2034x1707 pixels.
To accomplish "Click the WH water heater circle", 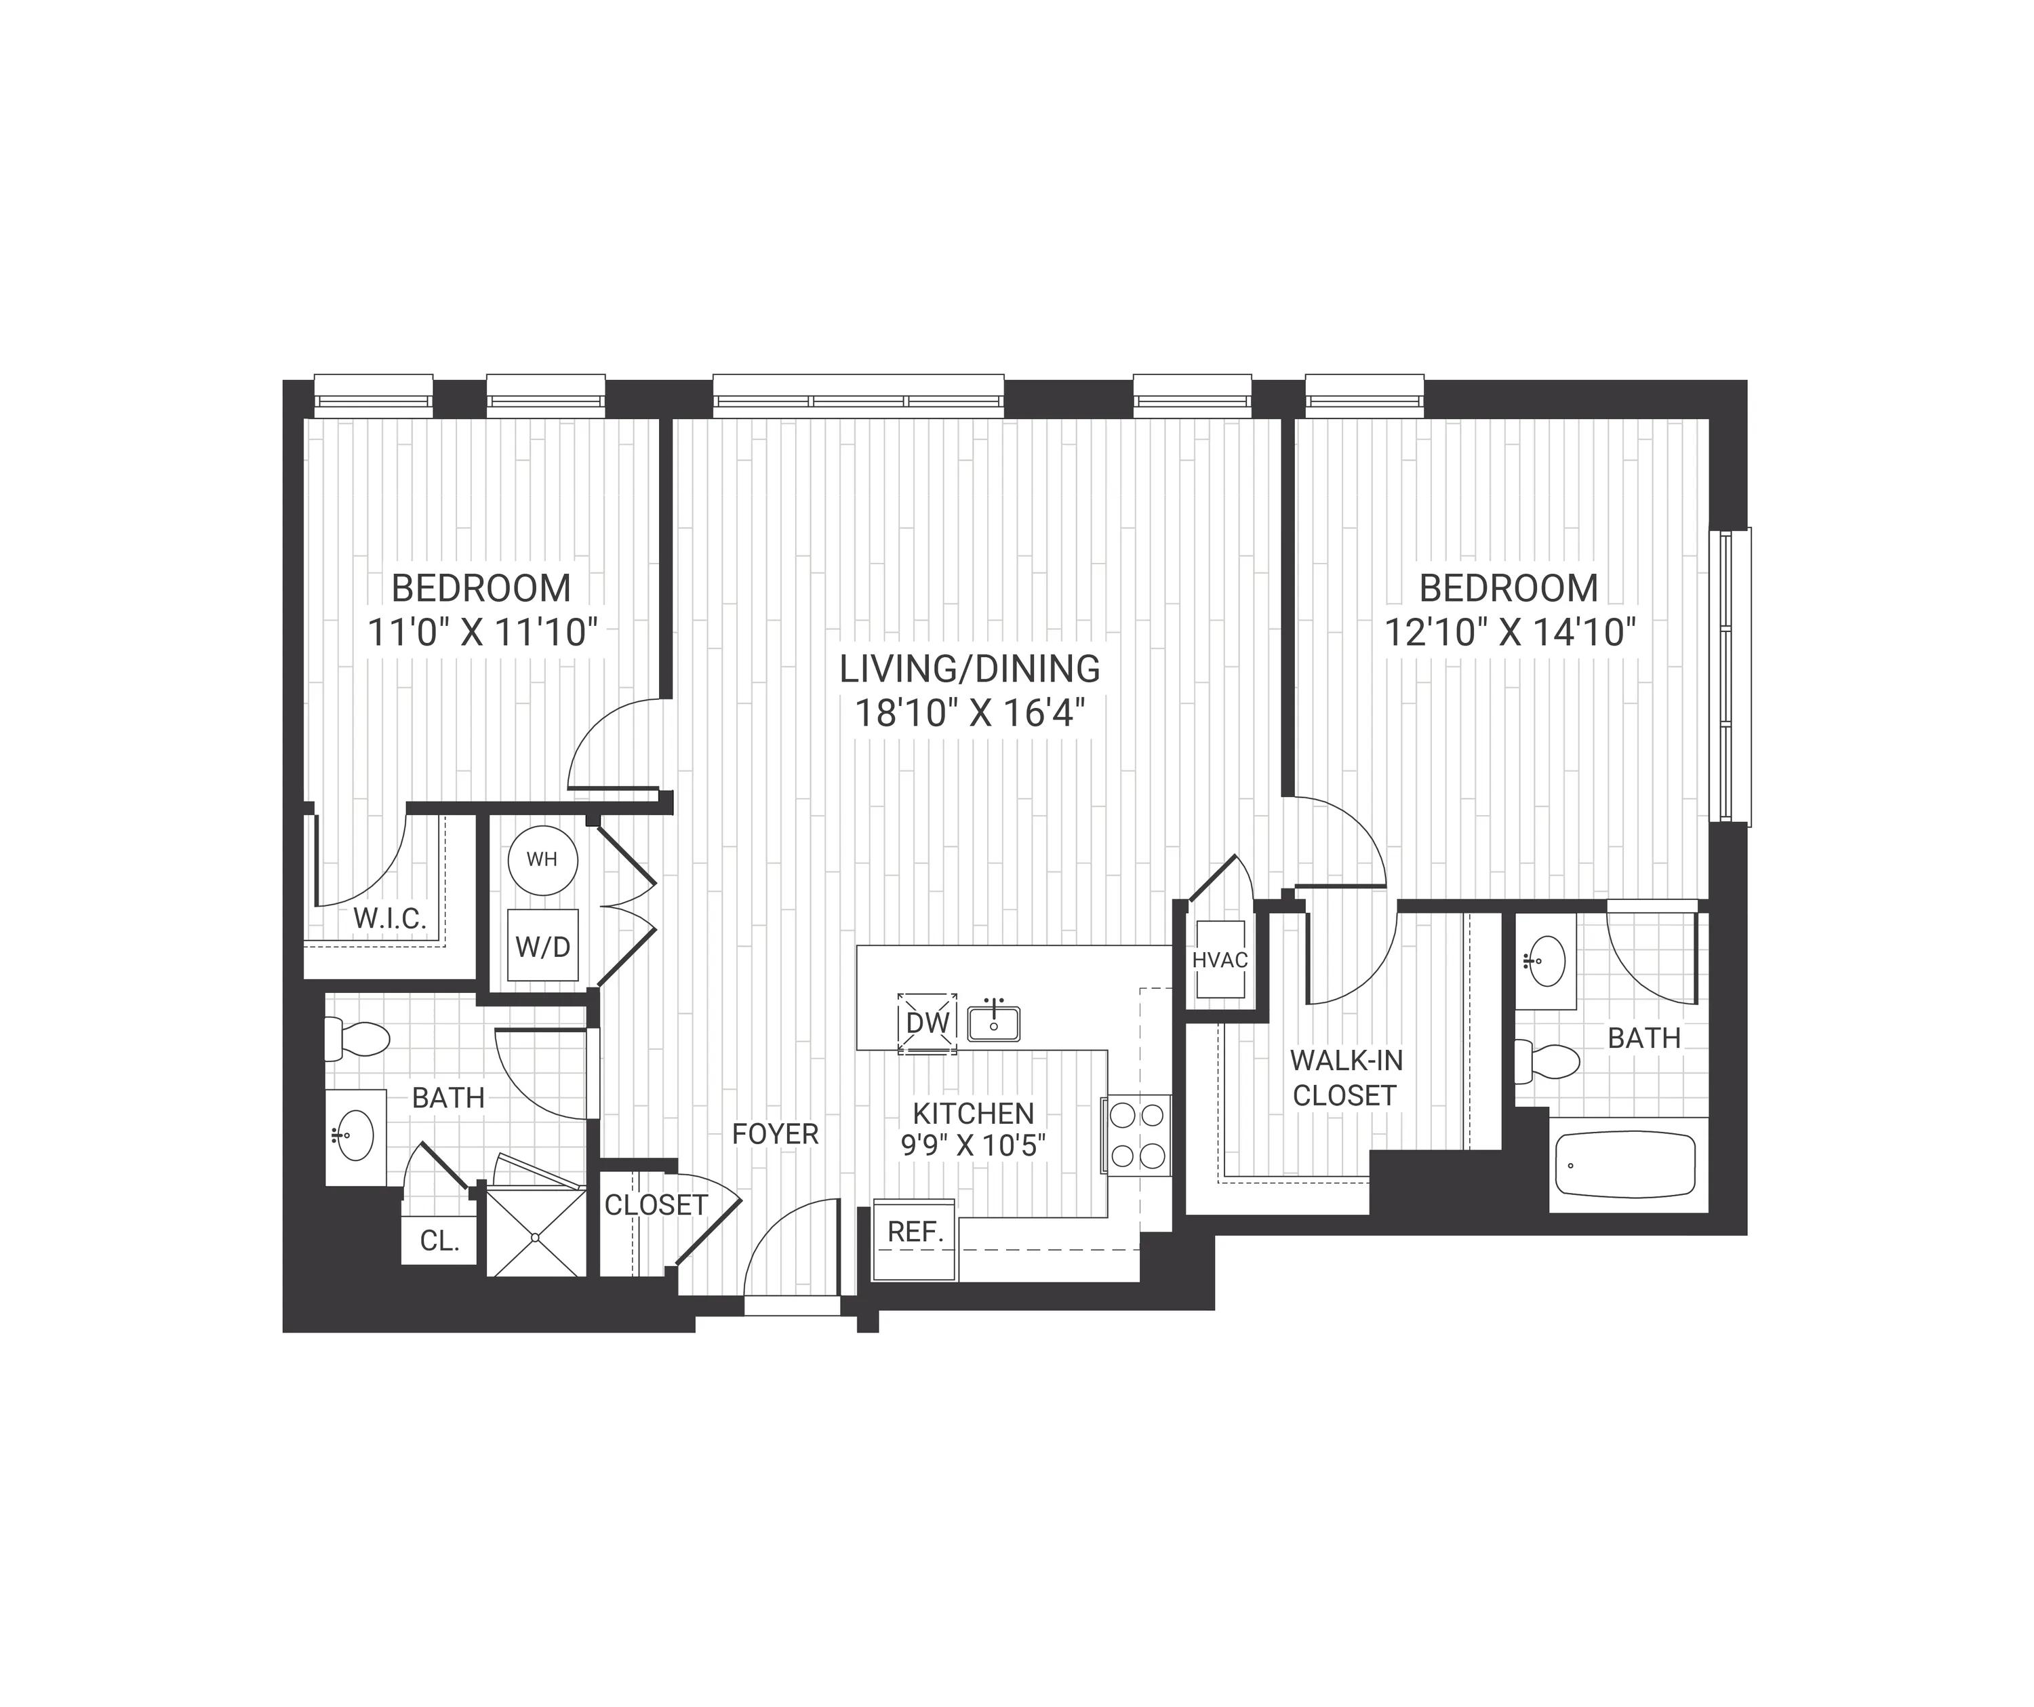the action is (x=542, y=859).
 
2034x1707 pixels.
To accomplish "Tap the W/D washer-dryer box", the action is (x=542, y=947).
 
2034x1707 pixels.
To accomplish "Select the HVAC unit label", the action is (x=1220, y=960).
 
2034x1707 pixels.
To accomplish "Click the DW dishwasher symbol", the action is (x=927, y=1022).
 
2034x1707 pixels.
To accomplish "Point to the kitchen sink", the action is (x=993, y=1022).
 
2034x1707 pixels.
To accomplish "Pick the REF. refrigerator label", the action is (x=915, y=1232).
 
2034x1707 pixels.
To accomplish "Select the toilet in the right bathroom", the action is (x=1548, y=1062).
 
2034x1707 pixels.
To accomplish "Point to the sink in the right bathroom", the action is (x=1546, y=960).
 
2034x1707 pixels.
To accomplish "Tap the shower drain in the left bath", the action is (x=535, y=1237).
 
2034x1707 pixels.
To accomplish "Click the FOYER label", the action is (x=775, y=1133).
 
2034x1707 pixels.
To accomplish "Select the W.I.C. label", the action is (x=389, y=918).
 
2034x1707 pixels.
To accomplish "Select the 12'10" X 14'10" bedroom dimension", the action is (x=1509, y=633).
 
